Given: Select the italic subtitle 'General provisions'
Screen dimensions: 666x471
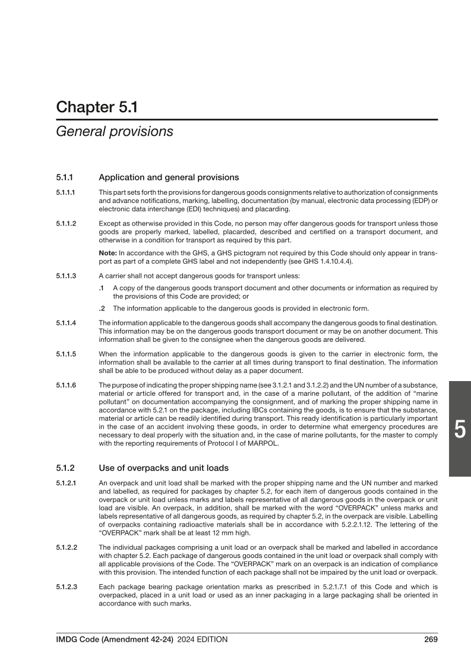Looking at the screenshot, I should coord(114,131).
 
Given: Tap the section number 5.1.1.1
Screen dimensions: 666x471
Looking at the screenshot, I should coord(67,193).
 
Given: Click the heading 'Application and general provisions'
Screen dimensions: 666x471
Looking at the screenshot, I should coord(169,177).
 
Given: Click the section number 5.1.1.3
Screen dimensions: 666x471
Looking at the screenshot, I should coord(67,275).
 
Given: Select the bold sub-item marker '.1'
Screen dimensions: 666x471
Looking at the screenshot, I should coord(102,288).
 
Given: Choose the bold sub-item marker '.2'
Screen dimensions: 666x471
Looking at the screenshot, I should coord(102,307).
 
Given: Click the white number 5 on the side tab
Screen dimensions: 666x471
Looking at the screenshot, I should coord(459,429).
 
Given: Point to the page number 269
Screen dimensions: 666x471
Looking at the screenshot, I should coord(431,639).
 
